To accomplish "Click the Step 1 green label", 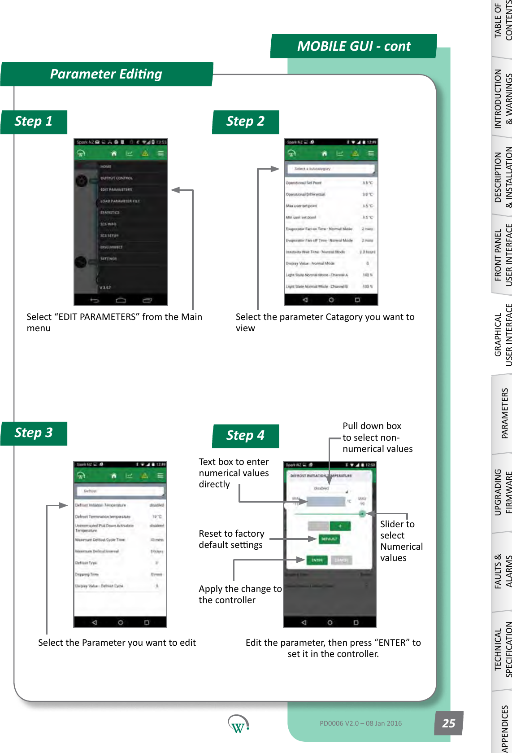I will (x=34, y=122).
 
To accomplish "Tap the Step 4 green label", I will (x=245, y=436).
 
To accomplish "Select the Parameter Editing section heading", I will (x=106, y=74).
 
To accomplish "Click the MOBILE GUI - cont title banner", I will (x=354, y=46).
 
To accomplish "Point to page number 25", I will (x=448, y=723).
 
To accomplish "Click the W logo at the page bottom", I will (x=238, y=724).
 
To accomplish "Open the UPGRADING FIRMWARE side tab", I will (x=503, y=492).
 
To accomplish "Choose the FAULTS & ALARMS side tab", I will (x=503, y=571).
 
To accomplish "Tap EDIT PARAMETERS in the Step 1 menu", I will (x=116, y=190).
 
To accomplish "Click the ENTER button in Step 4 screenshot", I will (x=317, y=560).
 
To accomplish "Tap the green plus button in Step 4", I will (x=340, y=526).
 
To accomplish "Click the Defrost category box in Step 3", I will (x=120, y=491).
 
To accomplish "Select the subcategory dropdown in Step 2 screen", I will (x=330, y=169).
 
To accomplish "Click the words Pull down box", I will (x=372, y=426).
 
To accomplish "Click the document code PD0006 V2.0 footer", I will (x=360, y=723).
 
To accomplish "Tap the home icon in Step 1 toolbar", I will (x=114, y=153).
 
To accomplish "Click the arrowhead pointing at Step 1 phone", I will (x=175, y=190).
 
